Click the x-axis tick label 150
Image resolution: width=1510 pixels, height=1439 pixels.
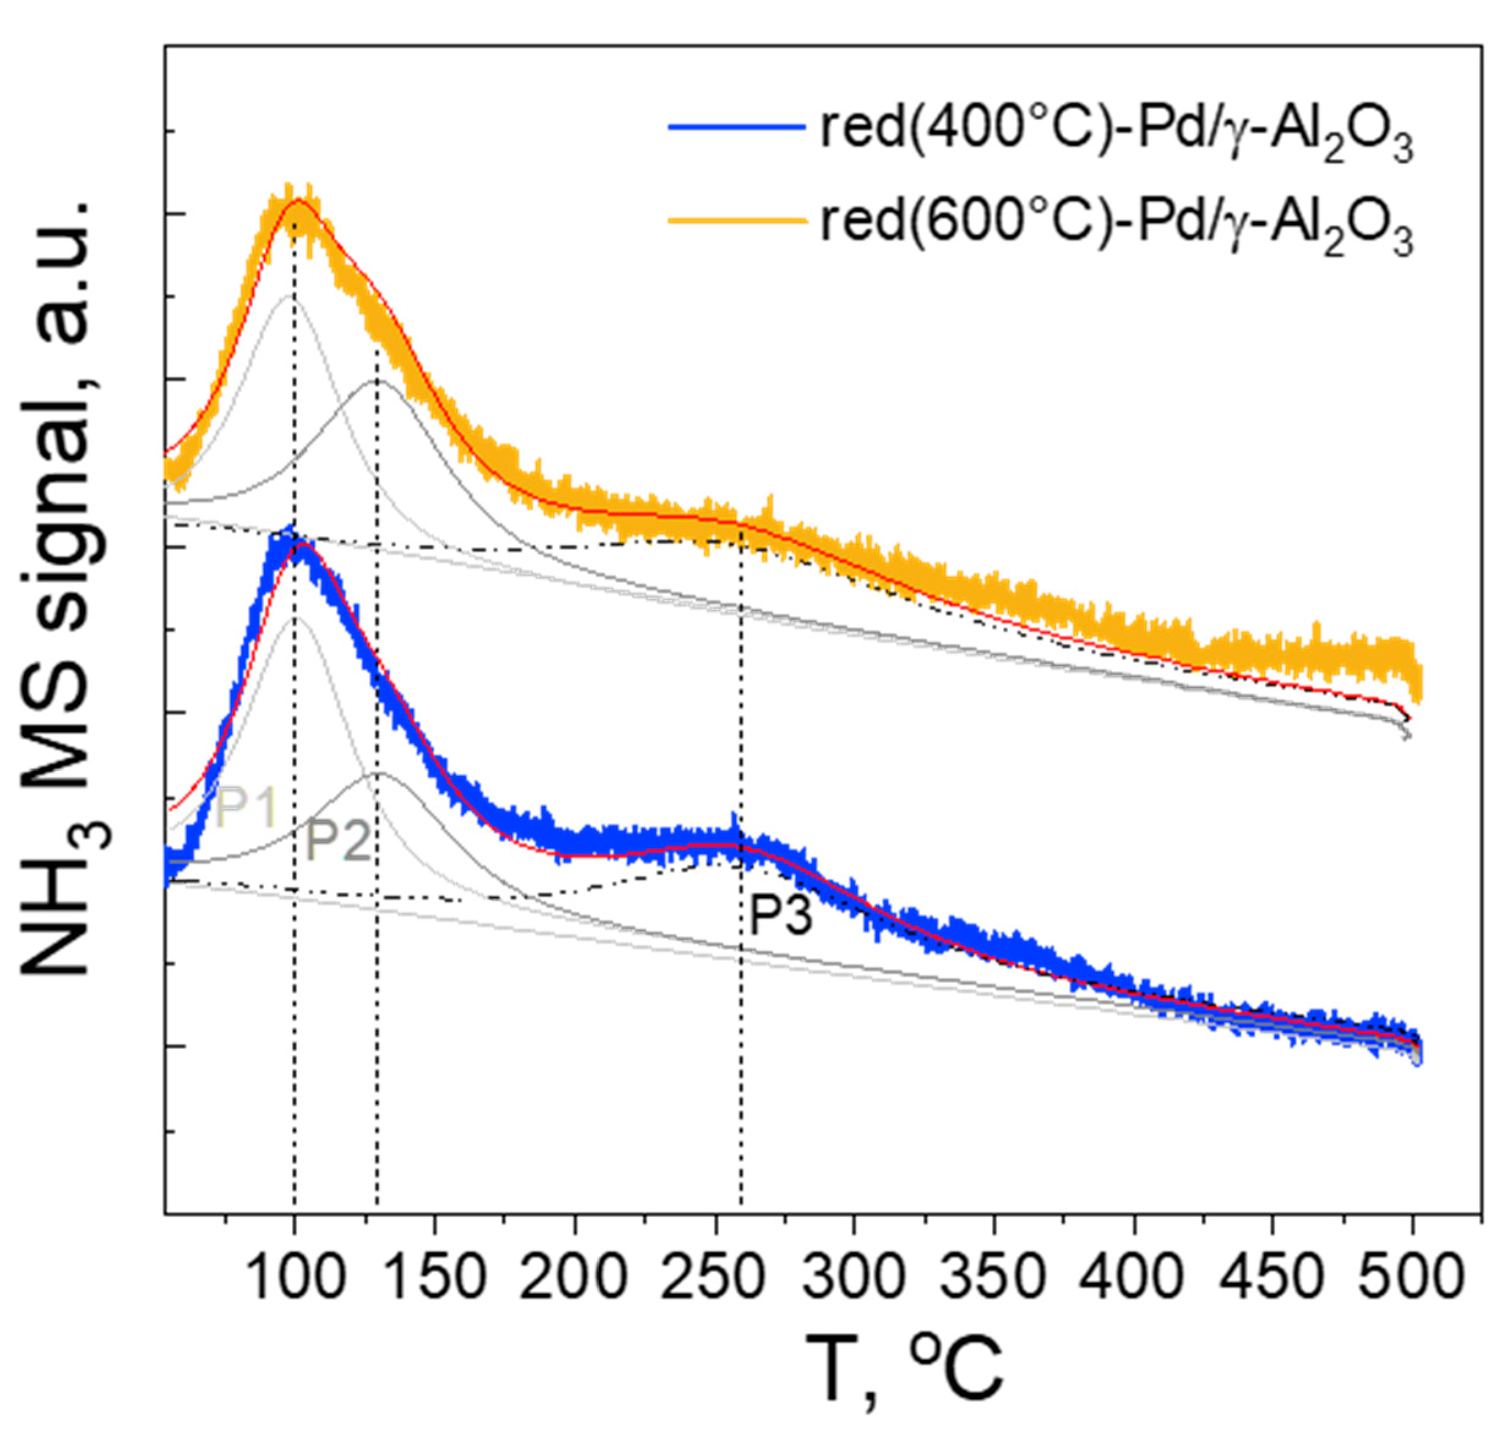tap(435, 1279)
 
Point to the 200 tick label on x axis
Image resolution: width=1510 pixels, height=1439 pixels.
tap(575, 1279)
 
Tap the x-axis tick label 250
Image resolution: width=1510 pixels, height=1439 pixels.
tap(715, 1279)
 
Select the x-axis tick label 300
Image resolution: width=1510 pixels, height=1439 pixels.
tap(854, 1279)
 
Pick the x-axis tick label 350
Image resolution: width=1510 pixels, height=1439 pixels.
tap(994, 1279)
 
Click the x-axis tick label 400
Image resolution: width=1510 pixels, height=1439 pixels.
tap(1133, 1279)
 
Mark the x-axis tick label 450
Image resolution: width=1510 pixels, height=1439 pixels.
tap(1273, 1279)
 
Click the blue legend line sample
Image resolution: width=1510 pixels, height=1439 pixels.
tap(736, 127)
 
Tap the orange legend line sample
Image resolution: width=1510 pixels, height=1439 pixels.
tap(736, 220)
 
